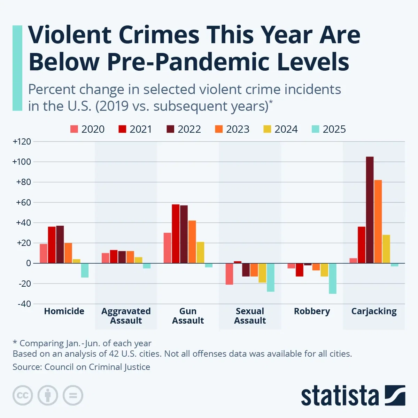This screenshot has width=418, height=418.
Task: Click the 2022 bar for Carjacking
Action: click(370, 210)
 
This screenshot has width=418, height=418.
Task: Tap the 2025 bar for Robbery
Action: click(333, 278)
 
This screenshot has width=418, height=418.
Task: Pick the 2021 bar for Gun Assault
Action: click(176, 234)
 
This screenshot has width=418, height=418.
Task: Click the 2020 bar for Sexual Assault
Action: click(229, 274)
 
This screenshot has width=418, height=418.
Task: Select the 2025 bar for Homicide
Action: click(85, 270)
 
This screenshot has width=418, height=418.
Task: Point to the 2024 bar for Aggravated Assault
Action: click(138, 260)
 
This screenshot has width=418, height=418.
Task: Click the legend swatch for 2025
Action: click(315, 129)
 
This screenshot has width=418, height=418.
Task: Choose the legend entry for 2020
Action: click(87, 129)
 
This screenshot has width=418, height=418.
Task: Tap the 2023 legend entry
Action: click(232, 129)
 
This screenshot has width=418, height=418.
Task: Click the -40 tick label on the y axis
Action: click(24, 304)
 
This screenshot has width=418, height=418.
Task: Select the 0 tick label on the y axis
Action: click(28, 263)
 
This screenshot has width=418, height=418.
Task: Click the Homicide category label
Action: click(64, 311)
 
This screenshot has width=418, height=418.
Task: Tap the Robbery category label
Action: click(312, 311)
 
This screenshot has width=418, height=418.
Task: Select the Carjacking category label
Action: click(374, 311)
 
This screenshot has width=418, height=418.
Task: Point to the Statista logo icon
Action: click(395, 395)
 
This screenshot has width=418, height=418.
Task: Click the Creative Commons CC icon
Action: click(23, 395)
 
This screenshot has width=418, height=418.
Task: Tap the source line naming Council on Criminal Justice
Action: click(82, 367)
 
